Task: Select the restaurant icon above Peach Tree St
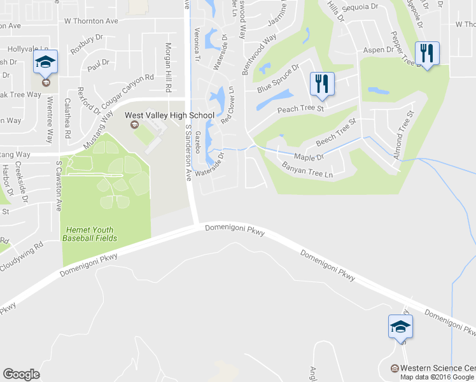point(322,83)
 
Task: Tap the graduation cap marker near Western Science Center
point(400,327)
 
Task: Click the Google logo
point(21,374)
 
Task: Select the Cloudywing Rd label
point(21,256)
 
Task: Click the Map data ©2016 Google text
point(437,376)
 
